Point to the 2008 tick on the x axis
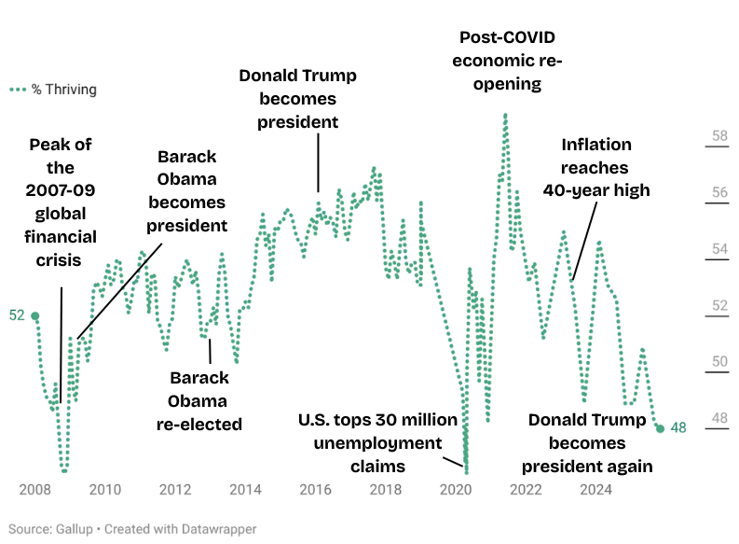click(34, 489)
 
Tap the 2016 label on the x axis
click(315, 489)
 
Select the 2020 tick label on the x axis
click(456, 489)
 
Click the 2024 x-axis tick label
click(595, 489)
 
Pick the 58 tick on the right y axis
click(719, 136)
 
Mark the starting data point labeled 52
click(35, 316)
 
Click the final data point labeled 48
click(660, 428)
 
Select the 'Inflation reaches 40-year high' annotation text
click(596, 167)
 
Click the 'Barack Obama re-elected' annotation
click(198, 400)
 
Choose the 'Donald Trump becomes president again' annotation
click(587, 442)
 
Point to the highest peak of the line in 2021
click(505, 115)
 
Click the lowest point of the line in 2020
click(466, 471)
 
